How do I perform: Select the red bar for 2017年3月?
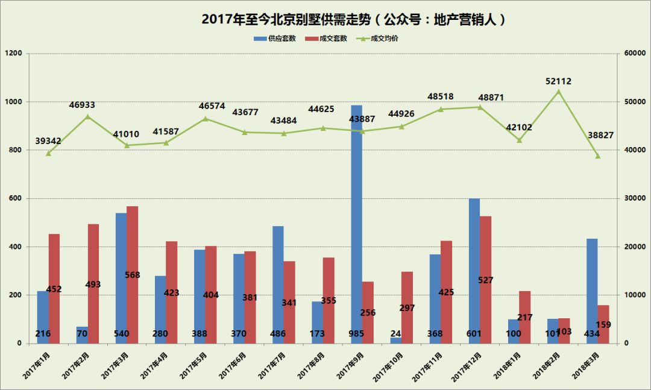(133, 275)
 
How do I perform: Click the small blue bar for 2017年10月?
(396, 341)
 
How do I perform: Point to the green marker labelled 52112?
(558, 92)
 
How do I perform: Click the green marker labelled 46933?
(87, 116)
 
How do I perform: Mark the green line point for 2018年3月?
(597, 156)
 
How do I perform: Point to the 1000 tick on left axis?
(14, 102)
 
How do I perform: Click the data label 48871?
(491, 98)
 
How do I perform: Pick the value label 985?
(357, 333)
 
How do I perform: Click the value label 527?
(486, 280)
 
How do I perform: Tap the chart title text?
(353, 19)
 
